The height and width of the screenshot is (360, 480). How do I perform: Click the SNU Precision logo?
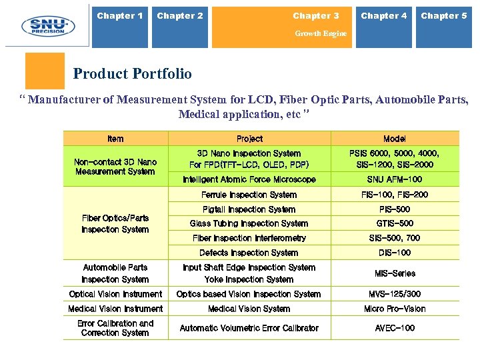[43, 25]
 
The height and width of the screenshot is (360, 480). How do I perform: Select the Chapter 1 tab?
[120, 16]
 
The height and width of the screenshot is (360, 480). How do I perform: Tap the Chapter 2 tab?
[180, 16]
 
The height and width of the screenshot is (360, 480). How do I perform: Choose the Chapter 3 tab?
[316, 16]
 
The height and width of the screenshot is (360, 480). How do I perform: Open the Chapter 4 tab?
[384, 16]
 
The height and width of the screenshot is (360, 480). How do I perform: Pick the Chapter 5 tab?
[444, 16]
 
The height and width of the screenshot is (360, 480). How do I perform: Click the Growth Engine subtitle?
[321, 33]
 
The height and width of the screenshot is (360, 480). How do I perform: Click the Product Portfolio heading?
[132, 74]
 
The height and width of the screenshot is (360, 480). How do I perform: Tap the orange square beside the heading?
[45, 71]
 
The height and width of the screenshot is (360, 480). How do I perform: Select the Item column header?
[115, 139]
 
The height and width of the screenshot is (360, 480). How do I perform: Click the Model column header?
[395, 139]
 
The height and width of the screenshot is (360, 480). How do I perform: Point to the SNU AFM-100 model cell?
[395, 179]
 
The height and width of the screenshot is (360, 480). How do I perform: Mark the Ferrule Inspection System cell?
[249, 195]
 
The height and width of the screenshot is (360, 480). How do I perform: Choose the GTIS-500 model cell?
[395, 223]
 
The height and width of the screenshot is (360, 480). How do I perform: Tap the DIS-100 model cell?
[395, 253]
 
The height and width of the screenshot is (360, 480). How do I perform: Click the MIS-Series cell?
[395, 273]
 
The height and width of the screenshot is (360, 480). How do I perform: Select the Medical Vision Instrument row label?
[115, 309]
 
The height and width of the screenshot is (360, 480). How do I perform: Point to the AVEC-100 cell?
[395, 328]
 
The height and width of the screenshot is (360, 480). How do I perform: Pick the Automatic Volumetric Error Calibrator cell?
[249, 328]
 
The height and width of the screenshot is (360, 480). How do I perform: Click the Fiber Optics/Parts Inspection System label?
[115, 223]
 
